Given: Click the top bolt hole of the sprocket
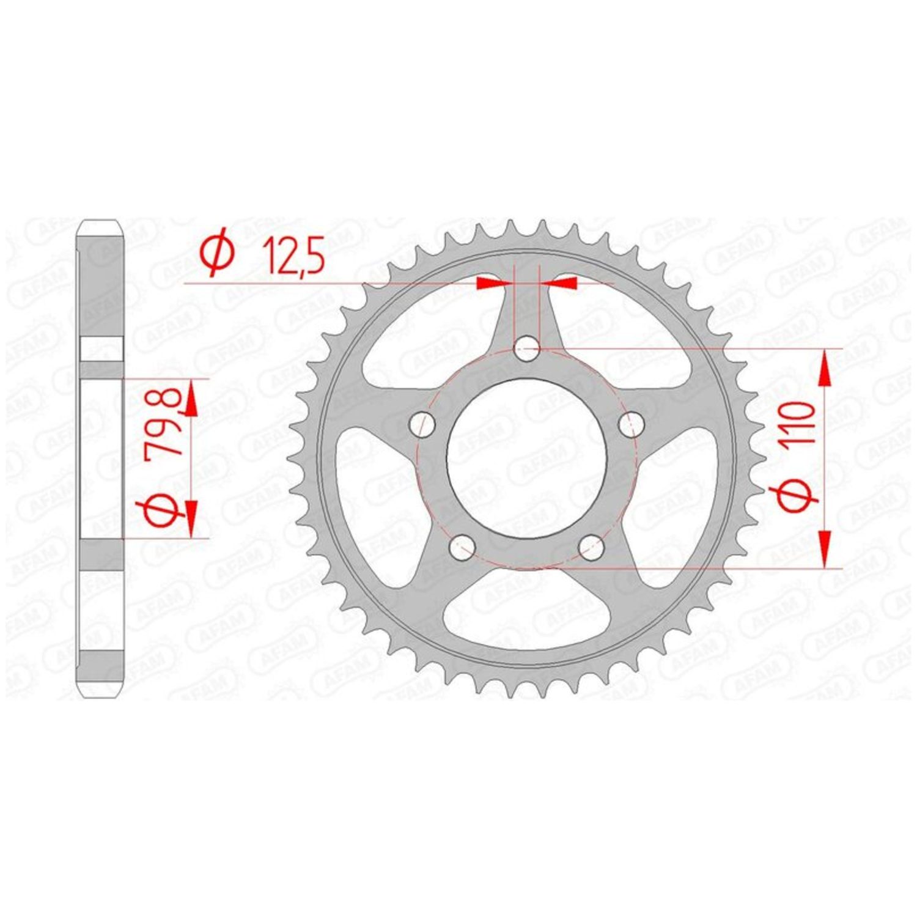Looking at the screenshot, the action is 526,350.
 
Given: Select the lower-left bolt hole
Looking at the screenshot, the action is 462,547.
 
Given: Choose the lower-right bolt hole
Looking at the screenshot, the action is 592,547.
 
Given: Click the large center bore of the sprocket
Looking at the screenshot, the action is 527,460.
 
